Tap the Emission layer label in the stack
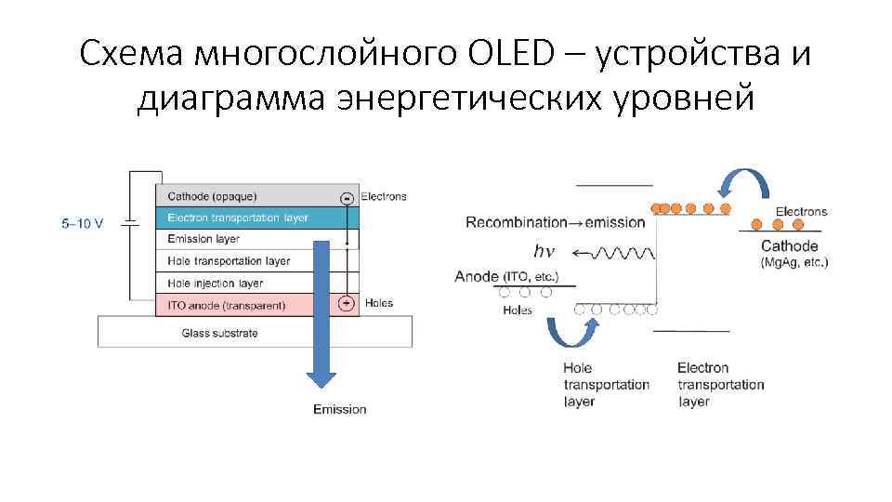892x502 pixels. coord(203,240)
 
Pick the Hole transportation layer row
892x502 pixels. coord(229,261)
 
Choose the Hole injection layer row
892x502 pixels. coord(216,283)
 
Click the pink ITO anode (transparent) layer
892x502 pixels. coord(232,304)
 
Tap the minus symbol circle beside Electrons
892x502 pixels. coord(347,197)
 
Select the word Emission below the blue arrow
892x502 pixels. coord(339,409)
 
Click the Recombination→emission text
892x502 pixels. coord(555,222)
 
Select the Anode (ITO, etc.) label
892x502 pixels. coord(506,276)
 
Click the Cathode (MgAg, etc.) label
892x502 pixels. coord(790,254)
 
